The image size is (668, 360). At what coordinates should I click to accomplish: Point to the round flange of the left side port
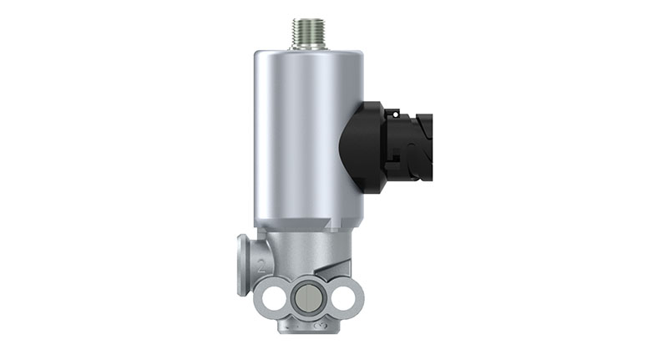(x=243, y=266)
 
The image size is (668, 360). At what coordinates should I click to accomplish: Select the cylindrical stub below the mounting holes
(x=306, y=321)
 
